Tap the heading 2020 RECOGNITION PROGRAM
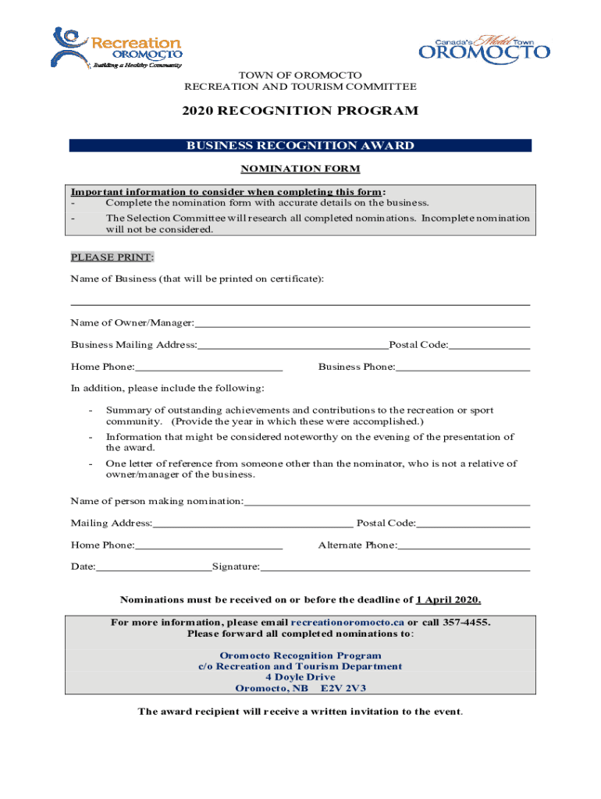(x=300, y=111)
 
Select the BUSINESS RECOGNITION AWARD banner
(x=300, y=146)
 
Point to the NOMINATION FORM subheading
(x=300, y=169)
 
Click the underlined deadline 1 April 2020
(x=448, y=600)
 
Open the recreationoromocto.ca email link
(x=347, y=623)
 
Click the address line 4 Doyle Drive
(x=300, y=677)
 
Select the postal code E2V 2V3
(x=344, y=689)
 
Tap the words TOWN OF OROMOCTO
(x=300, y=75)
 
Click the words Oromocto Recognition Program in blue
(x=300, y=655)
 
